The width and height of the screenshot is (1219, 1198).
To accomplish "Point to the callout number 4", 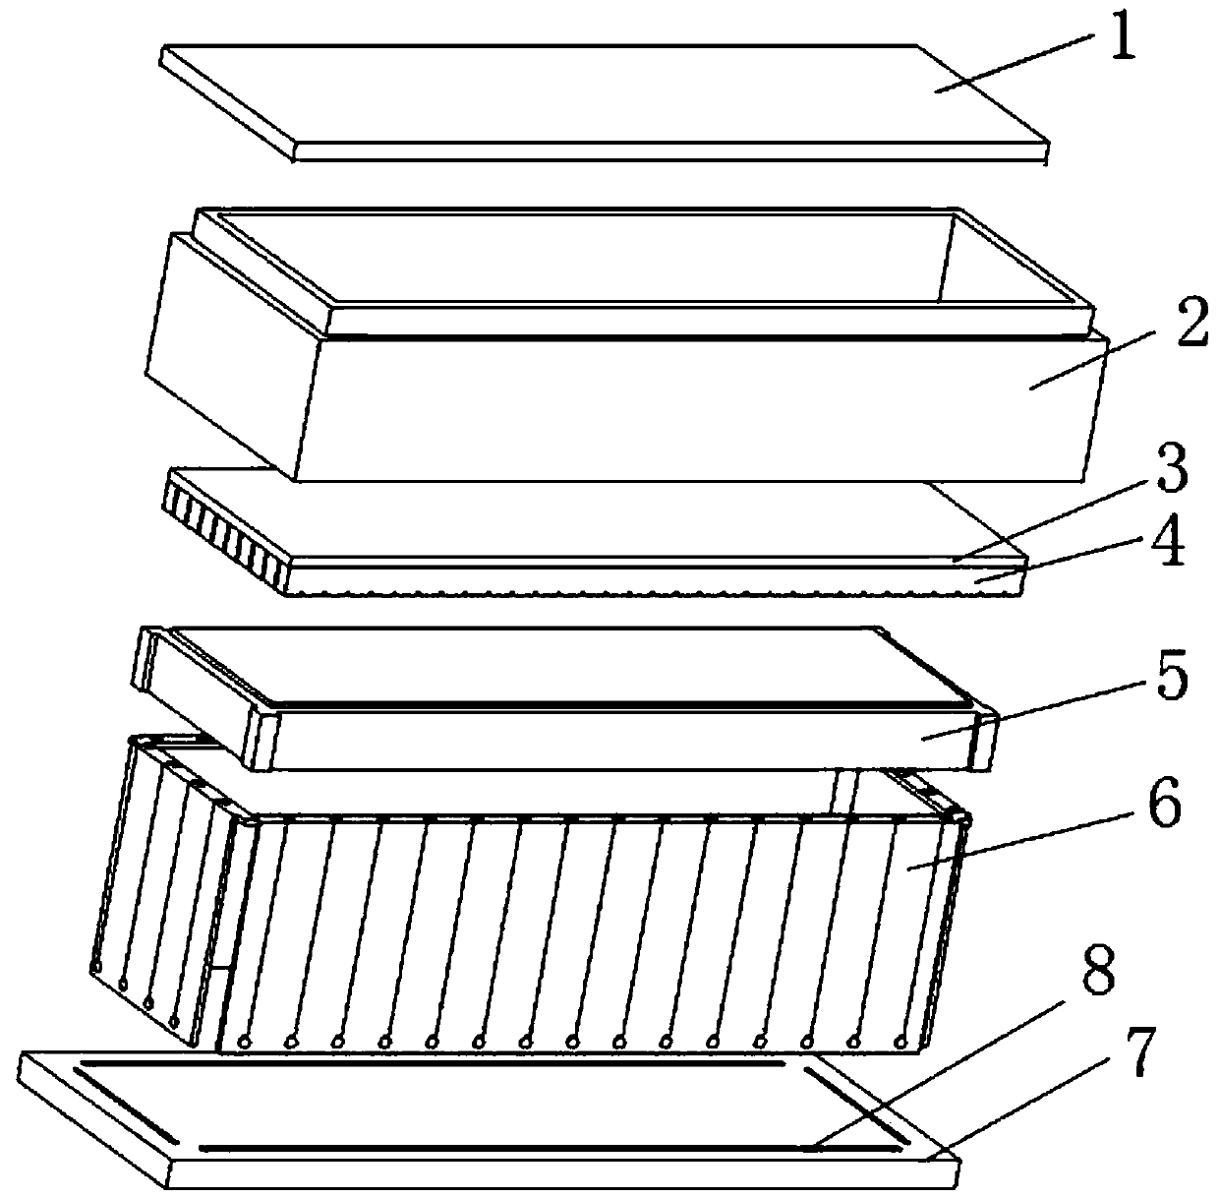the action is tap(1169, 541).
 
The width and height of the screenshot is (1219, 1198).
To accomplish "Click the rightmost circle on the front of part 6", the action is tap(900, 1041).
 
